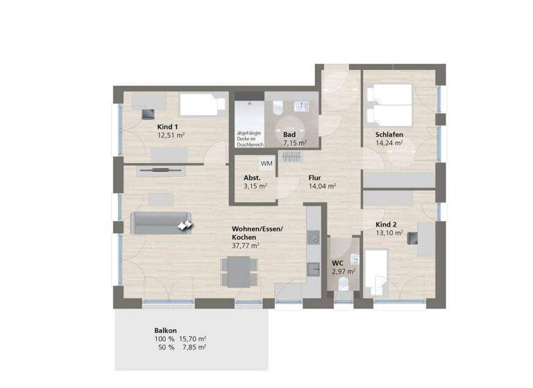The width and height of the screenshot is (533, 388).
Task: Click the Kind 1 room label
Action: [x=168, y=127]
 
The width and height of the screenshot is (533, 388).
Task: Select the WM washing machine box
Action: [x=266, y=164]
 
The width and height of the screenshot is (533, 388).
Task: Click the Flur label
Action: [x=314, y=177]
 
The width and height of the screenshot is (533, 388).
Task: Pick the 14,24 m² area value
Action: [x=389, y=143]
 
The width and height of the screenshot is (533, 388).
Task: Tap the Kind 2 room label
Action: [x=386, y=224]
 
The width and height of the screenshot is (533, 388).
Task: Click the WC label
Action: [x=338, y=263]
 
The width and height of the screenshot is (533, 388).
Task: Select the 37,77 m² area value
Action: [x=246, y=245]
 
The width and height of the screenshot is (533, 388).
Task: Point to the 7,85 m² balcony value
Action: [x=192, y=348]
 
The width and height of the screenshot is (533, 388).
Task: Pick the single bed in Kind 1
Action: [x=203, y=105]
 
